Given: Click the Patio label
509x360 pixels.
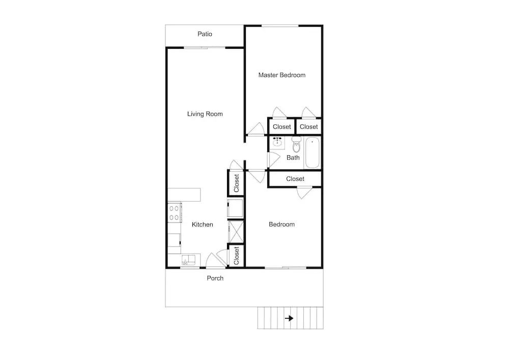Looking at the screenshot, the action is (x=205, y=34).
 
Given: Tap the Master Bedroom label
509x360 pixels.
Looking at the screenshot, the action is (x=282, y=75).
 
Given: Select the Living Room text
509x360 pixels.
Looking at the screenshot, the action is (x=205, y=114).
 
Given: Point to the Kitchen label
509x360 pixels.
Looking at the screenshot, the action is (x=202, y=225).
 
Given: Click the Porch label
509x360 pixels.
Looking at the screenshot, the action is (x=215, y=278).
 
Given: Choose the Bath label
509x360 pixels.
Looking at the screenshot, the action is (x=293, y=158).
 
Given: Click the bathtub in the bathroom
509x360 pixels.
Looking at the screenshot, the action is (x=313, y=153).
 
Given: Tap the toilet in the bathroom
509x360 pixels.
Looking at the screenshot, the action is (x=296, y=145).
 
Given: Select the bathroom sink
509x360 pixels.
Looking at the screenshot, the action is (x=277, y=142).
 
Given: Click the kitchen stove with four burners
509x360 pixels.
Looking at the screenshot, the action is (x=175, y=213).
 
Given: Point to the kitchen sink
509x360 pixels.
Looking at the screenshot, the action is (x=189, y=260).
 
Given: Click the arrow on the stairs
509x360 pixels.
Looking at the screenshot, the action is (x=289, y=318).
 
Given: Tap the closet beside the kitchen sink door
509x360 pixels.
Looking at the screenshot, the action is (x=236, y=256).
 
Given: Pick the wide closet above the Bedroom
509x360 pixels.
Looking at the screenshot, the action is (x=295, y=179).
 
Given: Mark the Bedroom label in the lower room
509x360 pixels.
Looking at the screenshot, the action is (x=281, y=225).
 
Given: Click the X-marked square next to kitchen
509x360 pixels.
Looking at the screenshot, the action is (x=236, y=232).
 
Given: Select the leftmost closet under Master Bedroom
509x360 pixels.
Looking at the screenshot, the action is (x=281, y=126).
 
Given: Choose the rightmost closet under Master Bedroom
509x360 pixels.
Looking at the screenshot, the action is (x=309, y=126).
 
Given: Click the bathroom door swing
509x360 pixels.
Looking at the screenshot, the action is (x=274, y=160).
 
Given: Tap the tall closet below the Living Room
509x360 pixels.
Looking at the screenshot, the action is (x=236, y=183).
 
